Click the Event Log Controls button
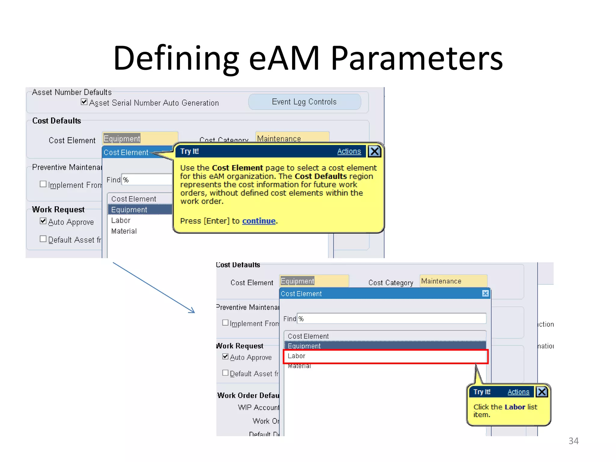[304, 102]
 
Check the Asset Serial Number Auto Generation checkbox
[84, 102]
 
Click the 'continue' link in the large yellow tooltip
[259, 221]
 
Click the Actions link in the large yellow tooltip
[349, 151]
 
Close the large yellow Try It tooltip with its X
[374, 151]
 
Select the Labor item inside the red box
[385, 356]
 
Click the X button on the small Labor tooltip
[542, 392]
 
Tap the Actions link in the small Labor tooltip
[518, 392]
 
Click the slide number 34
[573, 441]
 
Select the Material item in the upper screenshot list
[124, 231]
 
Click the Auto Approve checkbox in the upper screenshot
[43, 221]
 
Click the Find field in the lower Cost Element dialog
[391, 319]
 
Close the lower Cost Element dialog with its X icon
[485, 294]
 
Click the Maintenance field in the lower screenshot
[453, 281]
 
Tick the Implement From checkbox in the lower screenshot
[225, 323]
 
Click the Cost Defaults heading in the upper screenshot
[57, 121]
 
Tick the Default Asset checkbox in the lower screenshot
[225, 373]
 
